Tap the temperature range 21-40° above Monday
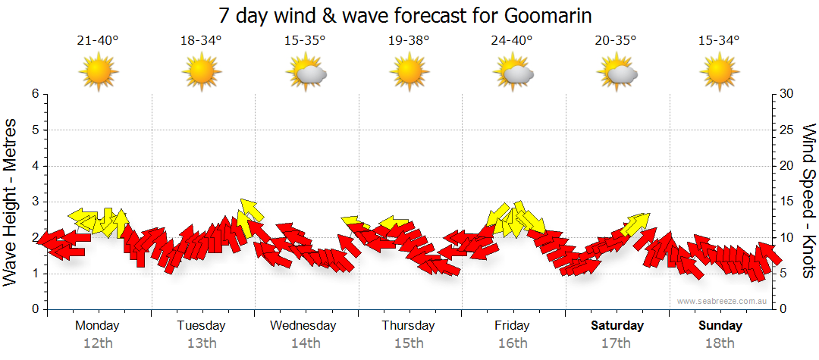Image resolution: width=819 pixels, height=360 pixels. [x=98, y=41]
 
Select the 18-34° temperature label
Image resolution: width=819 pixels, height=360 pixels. [x=201, y=41]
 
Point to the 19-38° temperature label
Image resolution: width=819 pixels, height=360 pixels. [x=409, y=41]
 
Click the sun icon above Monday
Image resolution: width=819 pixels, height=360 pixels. [x=99, y=73]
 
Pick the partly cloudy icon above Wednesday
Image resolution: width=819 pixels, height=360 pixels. [x=306, y=73]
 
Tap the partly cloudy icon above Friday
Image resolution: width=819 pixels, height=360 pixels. [x=513, y=73]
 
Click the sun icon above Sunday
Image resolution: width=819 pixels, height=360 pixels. [x=720, y=73]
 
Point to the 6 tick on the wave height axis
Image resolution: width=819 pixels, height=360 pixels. [x=34, y=94]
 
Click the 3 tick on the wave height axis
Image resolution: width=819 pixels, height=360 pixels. [x=34, y=202]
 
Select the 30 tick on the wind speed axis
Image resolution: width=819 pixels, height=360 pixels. [x=787, y=94]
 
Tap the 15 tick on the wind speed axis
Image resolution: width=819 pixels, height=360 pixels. [x=787, y=202]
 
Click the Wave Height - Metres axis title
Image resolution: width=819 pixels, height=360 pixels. [x=11, y=202]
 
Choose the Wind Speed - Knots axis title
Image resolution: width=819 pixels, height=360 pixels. [x=808, y=202]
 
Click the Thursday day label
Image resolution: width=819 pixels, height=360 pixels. [x=409, y=326]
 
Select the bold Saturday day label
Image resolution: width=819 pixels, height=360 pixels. [x=617, y=326]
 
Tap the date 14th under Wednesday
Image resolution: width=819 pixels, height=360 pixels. [x=305, y=343]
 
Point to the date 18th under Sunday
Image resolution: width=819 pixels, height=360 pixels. [x=720, y=343]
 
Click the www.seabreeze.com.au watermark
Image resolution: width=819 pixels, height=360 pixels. [x=723, y=301]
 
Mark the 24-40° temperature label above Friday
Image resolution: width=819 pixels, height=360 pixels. [x=513, y=41]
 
